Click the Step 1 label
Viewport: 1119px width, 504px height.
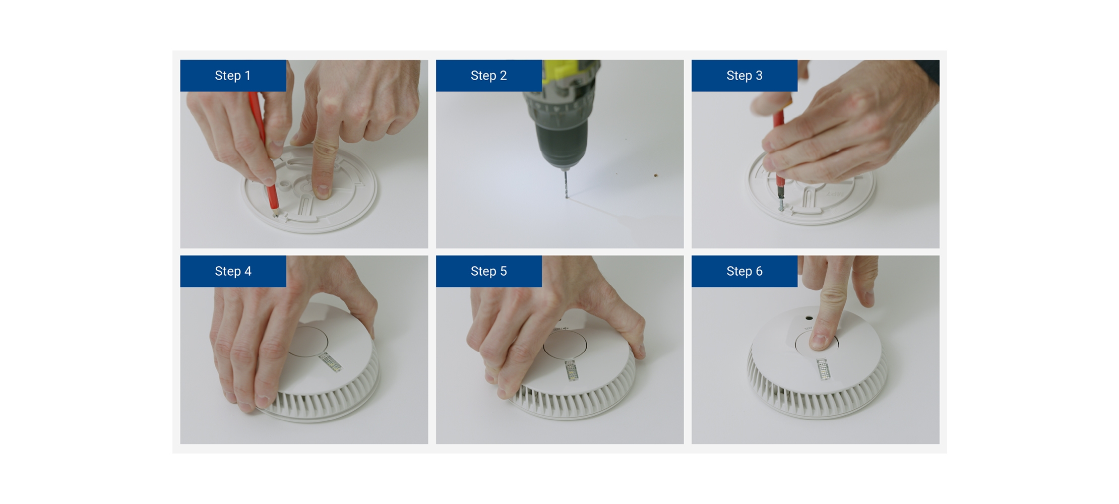[233, 76]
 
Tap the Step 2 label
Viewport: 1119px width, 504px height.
[488, 76]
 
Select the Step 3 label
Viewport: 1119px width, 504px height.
[744, 76]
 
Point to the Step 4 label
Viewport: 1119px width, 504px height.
[233, 271]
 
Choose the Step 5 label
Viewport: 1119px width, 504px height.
[488, 271]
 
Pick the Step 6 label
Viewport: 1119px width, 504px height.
[744, 271]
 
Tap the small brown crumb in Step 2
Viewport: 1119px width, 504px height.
[656, 175]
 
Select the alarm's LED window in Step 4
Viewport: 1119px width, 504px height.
[331, 362]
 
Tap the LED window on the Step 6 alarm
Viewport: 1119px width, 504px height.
[823, 369]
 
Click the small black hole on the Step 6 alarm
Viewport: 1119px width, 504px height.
[809, 318]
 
